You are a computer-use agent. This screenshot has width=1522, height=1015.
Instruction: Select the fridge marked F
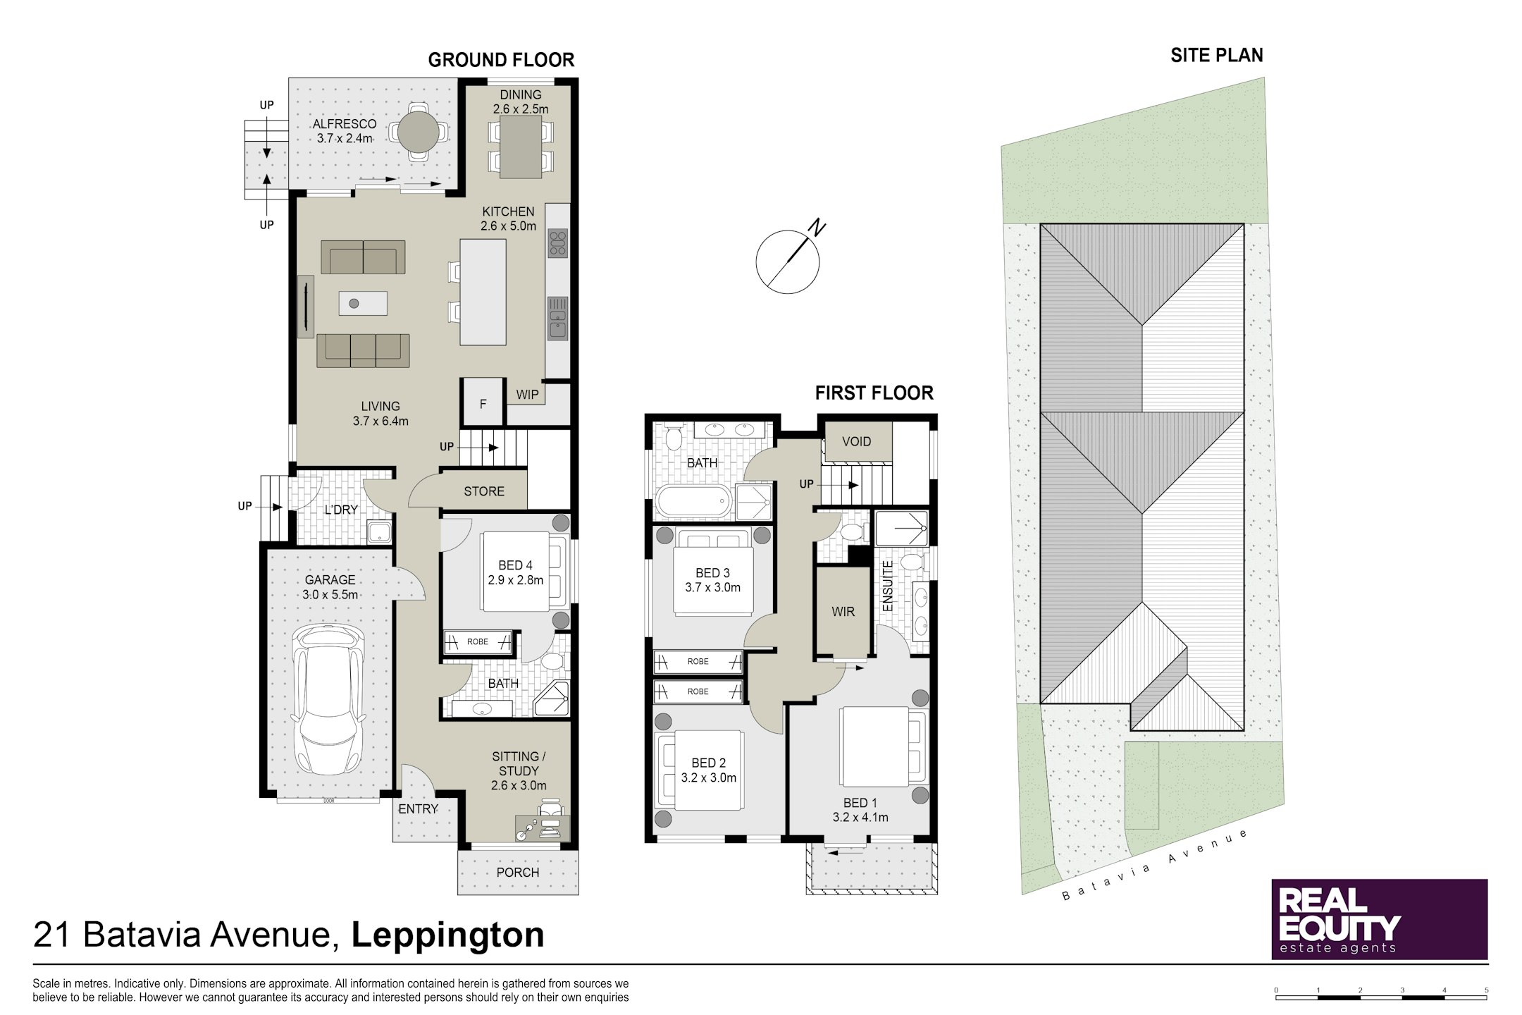[483, 403]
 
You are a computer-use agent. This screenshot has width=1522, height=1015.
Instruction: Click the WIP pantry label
[527, 395]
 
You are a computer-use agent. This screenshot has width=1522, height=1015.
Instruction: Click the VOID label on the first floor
[857, 442]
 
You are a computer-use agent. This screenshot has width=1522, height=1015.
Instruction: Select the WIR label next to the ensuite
[843, 612]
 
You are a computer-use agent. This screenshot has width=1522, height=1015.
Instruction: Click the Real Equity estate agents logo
[1379, 919]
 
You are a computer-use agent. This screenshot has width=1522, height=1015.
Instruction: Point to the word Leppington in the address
[448, 935]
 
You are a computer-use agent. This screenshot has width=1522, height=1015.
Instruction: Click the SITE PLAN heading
[1217, 56]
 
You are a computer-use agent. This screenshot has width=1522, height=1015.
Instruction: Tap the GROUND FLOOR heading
[501, 60]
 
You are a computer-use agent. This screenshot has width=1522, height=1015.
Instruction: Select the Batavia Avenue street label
[1156, 865]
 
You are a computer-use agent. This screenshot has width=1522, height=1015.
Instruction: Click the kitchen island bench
[483, 292]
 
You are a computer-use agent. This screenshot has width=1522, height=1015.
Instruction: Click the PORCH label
[518, 873]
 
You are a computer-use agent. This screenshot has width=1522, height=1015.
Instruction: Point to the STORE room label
[484, 491]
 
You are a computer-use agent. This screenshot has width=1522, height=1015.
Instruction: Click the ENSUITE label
[887, 586]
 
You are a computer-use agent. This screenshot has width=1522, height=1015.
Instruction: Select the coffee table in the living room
[363, 303]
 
